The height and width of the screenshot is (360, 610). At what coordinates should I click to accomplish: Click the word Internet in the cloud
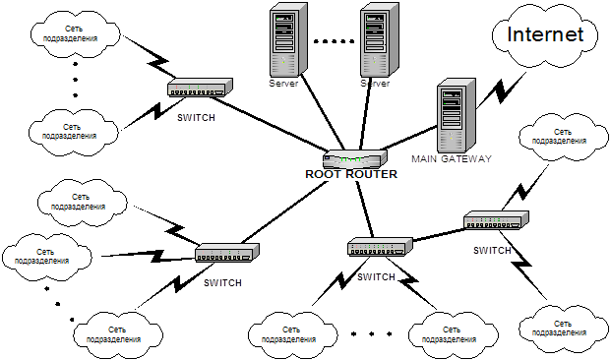pos(545,34)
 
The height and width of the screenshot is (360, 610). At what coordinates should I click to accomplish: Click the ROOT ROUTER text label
pos(351,174)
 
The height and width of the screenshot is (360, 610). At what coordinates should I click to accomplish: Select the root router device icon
pos(355,158)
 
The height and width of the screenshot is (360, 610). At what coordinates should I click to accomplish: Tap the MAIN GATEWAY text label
pos(452,158)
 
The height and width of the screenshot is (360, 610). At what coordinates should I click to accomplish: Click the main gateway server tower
pos(456,115)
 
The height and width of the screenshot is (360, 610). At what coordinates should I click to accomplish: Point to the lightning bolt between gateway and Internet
pos(501,90)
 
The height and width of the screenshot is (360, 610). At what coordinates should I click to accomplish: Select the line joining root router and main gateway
pos(409,138)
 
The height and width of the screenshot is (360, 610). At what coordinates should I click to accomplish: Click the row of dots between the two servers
pos(335,41)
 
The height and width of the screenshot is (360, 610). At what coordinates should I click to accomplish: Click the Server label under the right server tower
pos(375,84)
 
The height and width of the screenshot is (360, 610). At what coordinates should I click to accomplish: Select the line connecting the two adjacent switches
pos(439,235)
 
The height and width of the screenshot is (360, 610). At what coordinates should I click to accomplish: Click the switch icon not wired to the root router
pos(497,220)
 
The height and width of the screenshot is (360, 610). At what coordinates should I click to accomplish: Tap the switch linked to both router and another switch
pos(380,247)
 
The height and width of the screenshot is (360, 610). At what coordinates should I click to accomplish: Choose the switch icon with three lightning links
pos(227,253)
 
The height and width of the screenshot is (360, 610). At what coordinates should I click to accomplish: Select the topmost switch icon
pos(201,88)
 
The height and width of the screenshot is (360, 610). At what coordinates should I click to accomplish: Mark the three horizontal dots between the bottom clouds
pos(371,333)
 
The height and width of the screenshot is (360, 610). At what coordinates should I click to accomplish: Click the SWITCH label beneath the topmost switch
pos(196,117)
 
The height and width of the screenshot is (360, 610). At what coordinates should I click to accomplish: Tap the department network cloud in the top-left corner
pos(76,33)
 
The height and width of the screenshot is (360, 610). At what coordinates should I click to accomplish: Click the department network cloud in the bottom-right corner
pos(564,329)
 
